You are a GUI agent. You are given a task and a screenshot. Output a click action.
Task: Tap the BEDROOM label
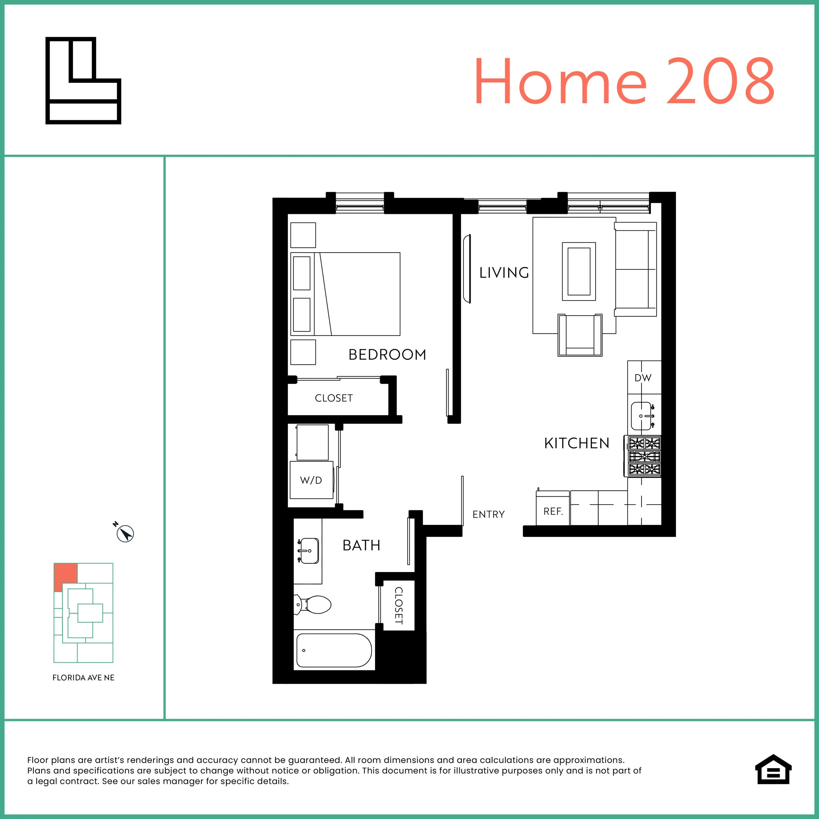387,354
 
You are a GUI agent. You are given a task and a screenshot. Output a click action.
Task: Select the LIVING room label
504,273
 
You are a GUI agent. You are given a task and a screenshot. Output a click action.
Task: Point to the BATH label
361,545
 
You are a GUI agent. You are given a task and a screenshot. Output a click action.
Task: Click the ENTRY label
488,514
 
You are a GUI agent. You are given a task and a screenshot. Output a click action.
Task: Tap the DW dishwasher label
643,378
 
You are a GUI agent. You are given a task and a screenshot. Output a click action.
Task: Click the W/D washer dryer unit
311,480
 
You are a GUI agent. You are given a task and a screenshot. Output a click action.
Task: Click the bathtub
334,650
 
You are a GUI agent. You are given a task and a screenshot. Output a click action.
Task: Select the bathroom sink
309,551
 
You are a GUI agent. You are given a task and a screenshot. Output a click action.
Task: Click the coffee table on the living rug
579,271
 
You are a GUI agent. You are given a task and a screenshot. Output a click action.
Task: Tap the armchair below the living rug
580,335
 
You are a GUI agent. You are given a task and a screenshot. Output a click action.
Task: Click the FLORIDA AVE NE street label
83,677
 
